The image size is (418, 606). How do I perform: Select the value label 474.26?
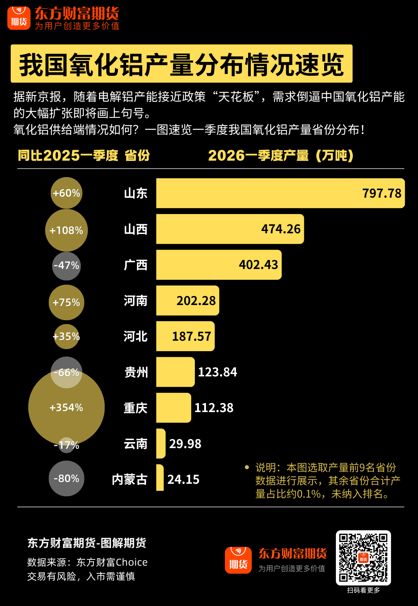click(x=281, y=229)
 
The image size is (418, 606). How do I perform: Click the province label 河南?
click(x=135, y=301)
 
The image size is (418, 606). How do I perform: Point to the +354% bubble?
click(x=66, y=408)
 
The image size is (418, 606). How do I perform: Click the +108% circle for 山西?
click(x=66, y=230)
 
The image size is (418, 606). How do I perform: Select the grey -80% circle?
click(x=66, y=478)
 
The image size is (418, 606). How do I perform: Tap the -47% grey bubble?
click(x=66, y=266)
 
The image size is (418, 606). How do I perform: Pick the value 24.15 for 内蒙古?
click(x=183, y=479)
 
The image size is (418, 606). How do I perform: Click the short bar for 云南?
click(x=161, y=443)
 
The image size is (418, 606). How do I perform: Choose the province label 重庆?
click(x=135, y=408)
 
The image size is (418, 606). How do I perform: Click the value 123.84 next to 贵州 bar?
click(x=217, y=372)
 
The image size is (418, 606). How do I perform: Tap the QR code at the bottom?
click(x=363, y=558)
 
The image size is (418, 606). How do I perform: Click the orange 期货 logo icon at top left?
click(x=19, y=18)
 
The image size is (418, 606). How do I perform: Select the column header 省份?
click(x=137, y=156)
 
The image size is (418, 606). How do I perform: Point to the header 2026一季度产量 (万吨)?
click(x=281, y=156)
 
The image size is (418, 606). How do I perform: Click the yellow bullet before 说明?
click(x=247, y=467)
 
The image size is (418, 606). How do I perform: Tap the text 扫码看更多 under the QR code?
click(x=363, y=590)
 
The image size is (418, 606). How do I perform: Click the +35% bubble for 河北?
click(x=66, y=336)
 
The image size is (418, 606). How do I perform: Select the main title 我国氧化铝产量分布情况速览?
click(x=181, y=64)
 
